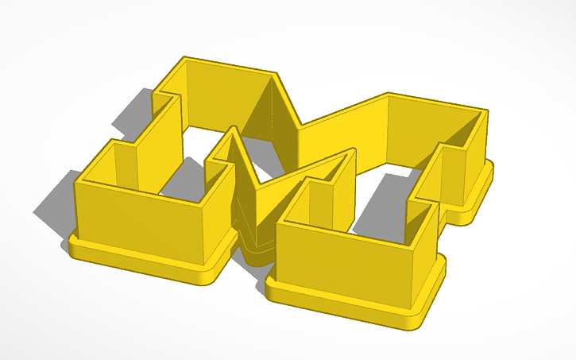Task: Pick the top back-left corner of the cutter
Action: coord(184,58)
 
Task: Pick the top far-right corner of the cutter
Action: coord(487,110)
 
